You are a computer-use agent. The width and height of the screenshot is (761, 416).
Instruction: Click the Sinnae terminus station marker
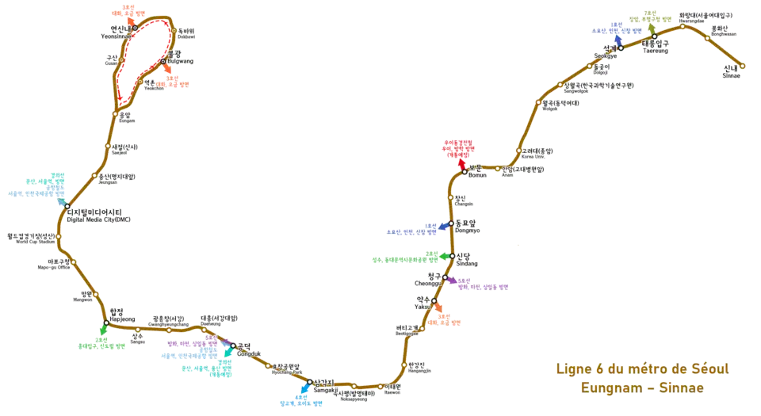tap(743, 66)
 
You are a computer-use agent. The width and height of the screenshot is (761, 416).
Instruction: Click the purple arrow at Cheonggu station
tap(450, 280)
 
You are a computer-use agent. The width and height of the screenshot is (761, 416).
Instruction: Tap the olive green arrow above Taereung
tap(652, 25)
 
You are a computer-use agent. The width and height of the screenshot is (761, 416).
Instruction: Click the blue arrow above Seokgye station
tap(617, 39)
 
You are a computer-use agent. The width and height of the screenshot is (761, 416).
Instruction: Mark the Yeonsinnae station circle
tap(135, 28)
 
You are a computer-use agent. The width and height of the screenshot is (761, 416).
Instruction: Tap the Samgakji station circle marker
tap(309, 382)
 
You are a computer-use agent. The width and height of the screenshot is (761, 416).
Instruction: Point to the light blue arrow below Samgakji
tap(304, 391)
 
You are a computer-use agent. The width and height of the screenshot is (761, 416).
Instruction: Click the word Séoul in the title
tap(705, 368)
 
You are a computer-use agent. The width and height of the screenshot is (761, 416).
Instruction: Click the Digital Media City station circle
tap(67, 206)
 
